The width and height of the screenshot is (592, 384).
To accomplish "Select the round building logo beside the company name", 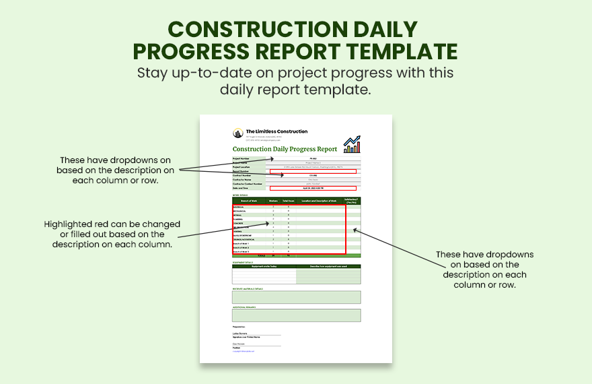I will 238,133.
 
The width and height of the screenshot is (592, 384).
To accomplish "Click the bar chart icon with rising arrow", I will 352,143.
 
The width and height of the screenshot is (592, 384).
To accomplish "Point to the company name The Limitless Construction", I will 276,131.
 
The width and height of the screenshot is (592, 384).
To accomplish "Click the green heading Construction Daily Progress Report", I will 285,149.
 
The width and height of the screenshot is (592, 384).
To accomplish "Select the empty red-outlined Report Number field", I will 313,171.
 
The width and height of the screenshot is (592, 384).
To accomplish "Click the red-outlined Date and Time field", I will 313,188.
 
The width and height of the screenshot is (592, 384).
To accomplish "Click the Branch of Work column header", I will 250,201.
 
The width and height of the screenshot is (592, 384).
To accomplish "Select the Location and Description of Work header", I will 318,201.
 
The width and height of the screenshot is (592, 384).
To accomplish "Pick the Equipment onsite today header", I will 264,266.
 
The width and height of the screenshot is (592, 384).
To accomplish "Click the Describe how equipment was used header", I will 328,266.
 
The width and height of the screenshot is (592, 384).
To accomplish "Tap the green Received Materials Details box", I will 297,297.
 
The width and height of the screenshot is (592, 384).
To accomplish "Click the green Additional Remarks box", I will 297,315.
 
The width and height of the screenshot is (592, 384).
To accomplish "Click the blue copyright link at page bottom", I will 245,351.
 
